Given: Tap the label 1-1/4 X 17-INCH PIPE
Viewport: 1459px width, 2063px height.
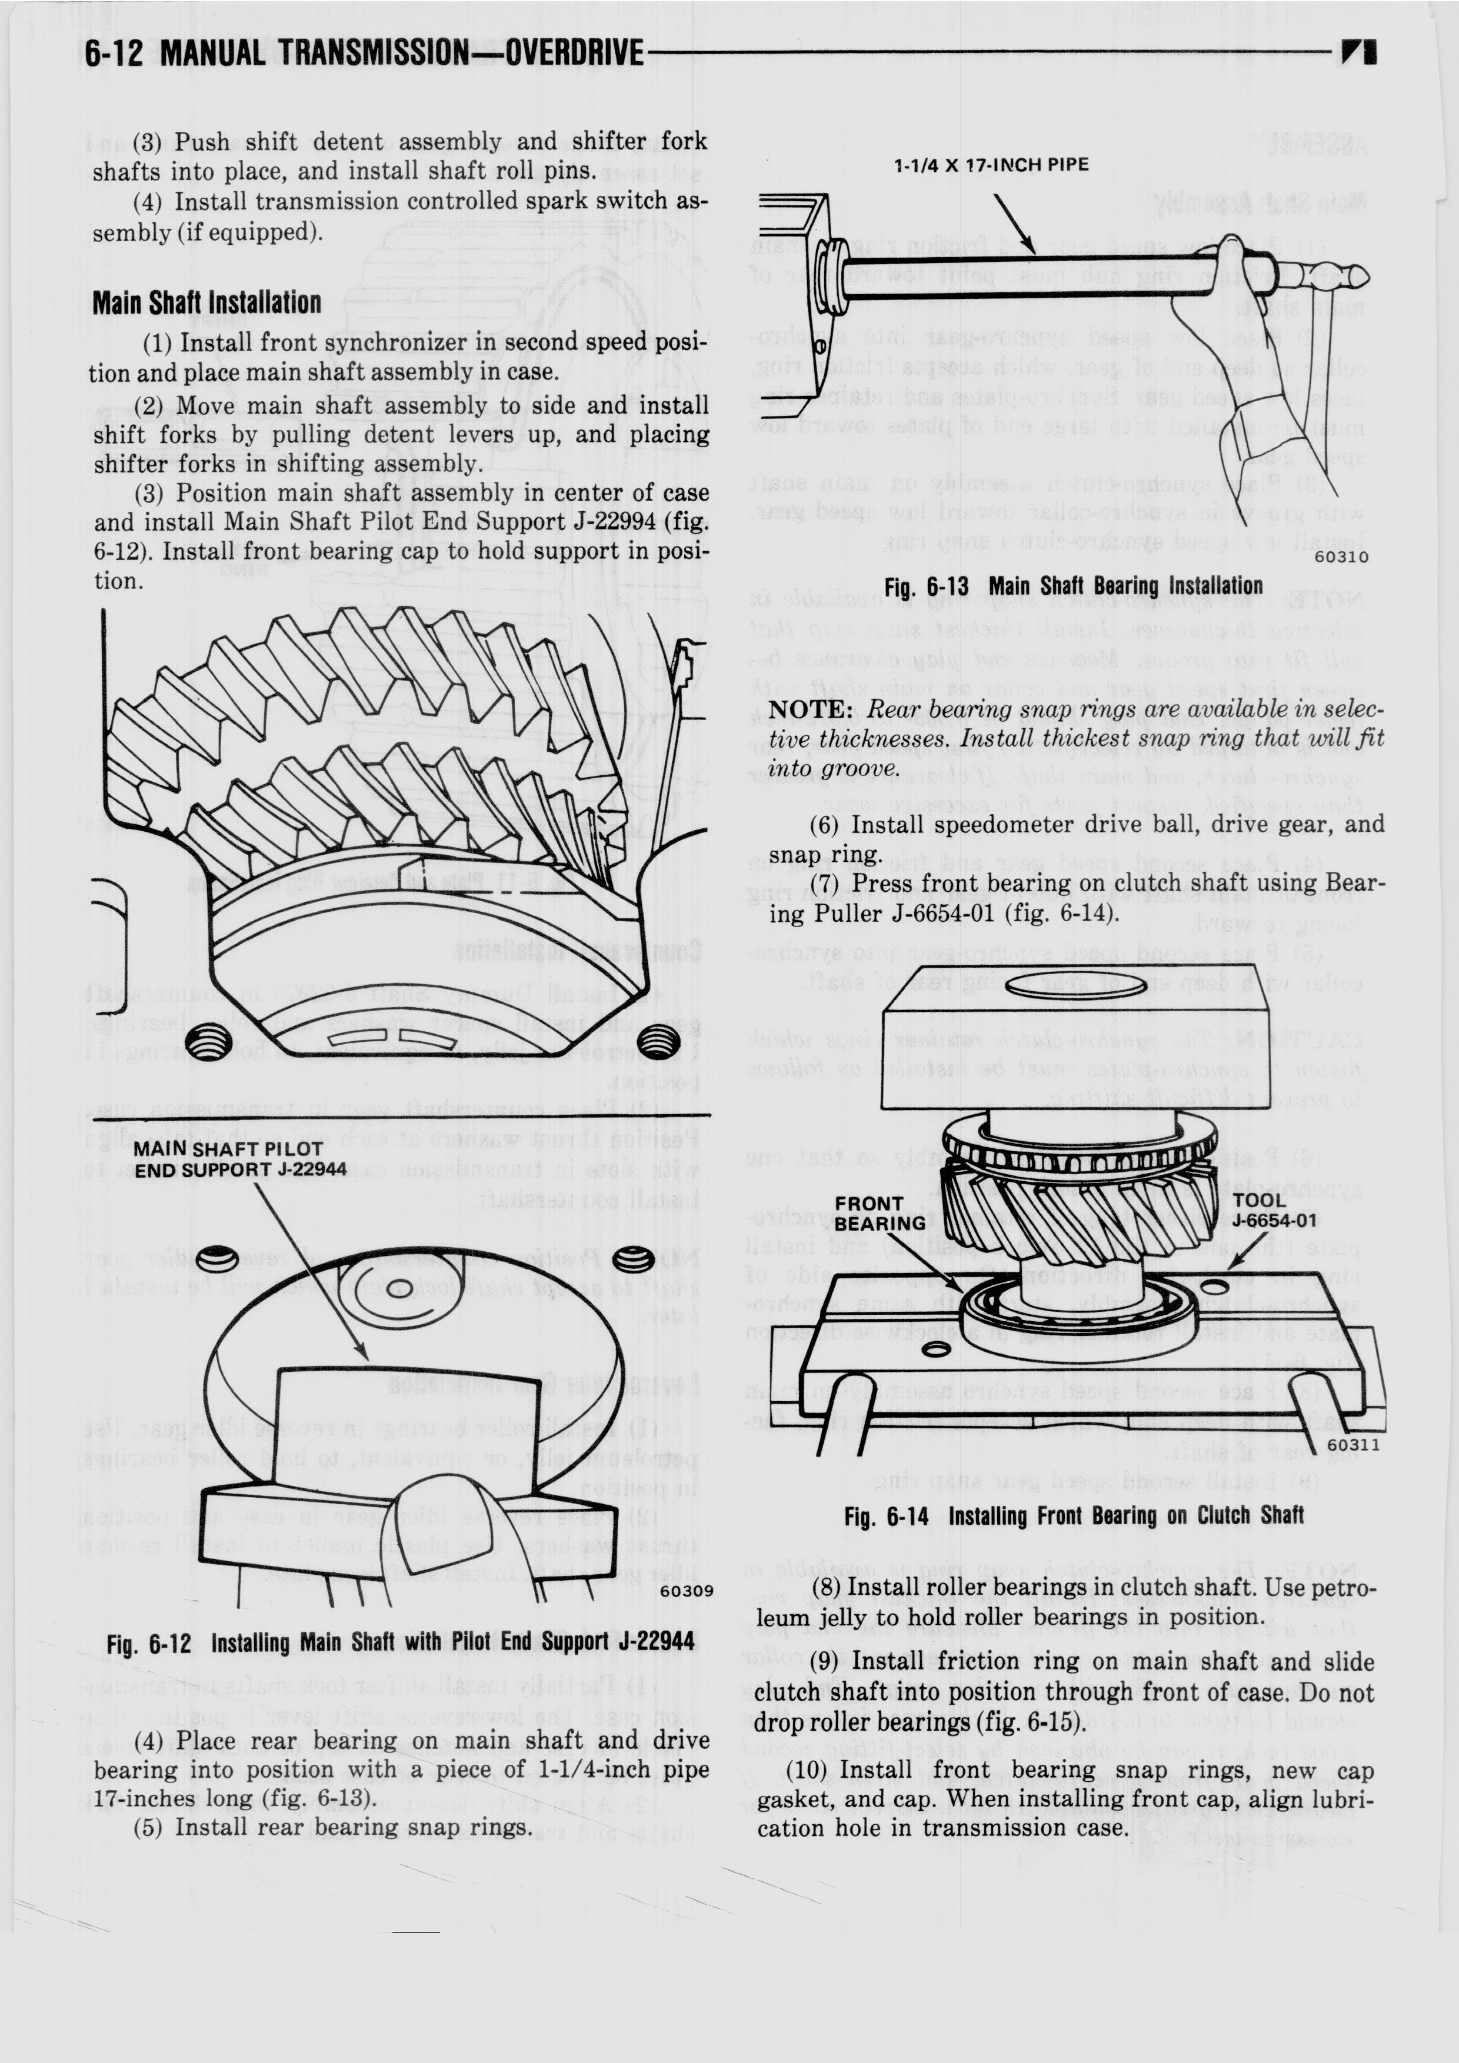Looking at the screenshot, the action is pyautogui.click(x=991, y=165).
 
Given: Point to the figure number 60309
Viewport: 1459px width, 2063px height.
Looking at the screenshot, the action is pyautogui.click(x=687, y=1591).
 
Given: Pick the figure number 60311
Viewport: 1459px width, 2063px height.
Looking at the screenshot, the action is pyautogui.click(x=1352, y=1445).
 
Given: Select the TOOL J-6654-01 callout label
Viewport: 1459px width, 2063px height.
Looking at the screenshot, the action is pyautogui.click(x=1273, y=1210).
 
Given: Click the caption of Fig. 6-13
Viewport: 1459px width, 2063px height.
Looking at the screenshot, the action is pyautogui.click(x=1074, y=586).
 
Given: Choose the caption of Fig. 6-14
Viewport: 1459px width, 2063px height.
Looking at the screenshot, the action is pyautogui.click(x=1074, y=1517).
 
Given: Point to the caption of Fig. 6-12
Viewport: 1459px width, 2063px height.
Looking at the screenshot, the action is pyautogui.click(x=401, y=1644).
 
